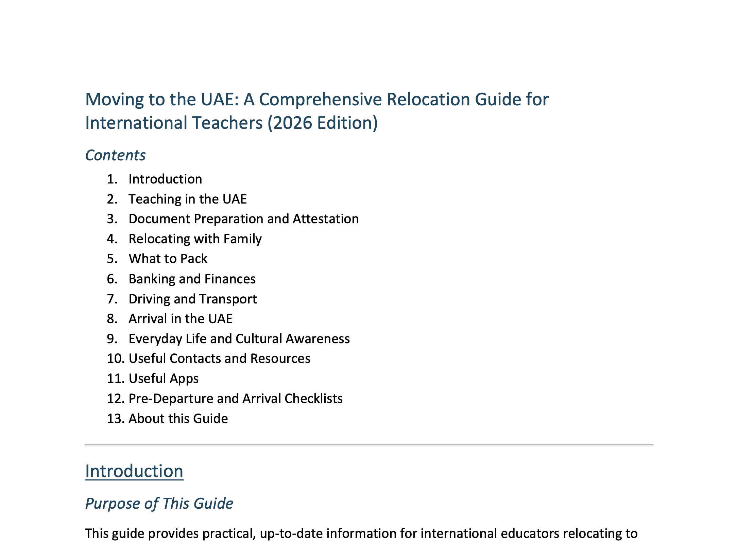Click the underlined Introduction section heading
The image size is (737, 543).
click(x=134, y=471)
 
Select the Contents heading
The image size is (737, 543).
click(x=115, y=155)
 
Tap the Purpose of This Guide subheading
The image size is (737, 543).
click(x=159, y=503)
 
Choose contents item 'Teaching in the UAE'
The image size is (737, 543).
click(x=188, y=199)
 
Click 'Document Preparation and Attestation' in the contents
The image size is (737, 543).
click(x=243, y=219)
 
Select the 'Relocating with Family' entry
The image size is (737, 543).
click(x=195, y=239)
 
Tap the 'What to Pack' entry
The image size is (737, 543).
click(x=168, y=259)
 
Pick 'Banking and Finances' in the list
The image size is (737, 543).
click(x=192, y=279)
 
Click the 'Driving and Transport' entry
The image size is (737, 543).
click(x=193, y=299)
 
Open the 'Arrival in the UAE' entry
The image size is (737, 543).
click(x=181, y=319)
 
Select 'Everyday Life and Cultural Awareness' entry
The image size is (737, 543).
click(x=239, y=339)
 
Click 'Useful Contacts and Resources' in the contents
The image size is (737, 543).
click(x=219, y=358)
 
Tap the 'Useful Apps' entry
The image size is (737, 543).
click(x=164, y=379)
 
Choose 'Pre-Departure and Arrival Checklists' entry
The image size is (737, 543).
click(x=236, y=399)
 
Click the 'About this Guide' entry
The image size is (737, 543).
click(x=178, y=419)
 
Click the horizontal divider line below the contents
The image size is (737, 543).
click(x=369, y=445)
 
